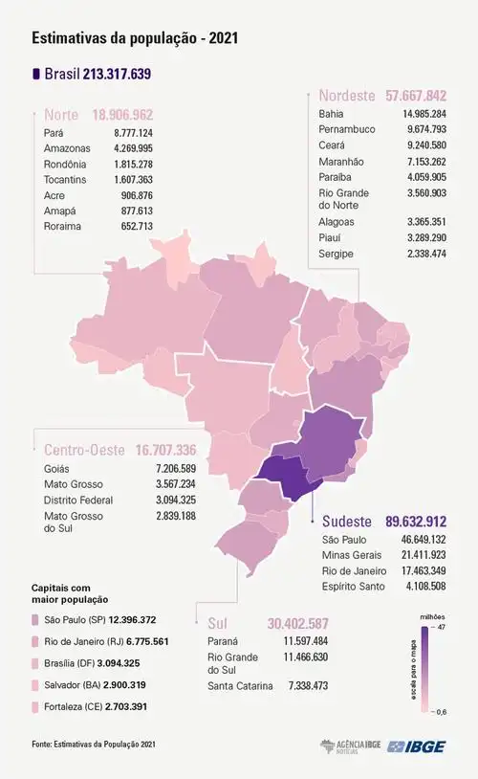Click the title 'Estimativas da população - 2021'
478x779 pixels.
click(128, 38)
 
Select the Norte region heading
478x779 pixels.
click(62, 115)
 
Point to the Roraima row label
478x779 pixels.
click(63, 227)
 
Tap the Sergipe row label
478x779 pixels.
click(337, 254)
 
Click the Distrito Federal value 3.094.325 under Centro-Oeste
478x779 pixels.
click(175, 501)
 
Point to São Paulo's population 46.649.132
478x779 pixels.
click(419, 540)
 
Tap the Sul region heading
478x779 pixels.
click(218, 621)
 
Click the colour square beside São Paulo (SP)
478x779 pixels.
click(37, 621)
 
